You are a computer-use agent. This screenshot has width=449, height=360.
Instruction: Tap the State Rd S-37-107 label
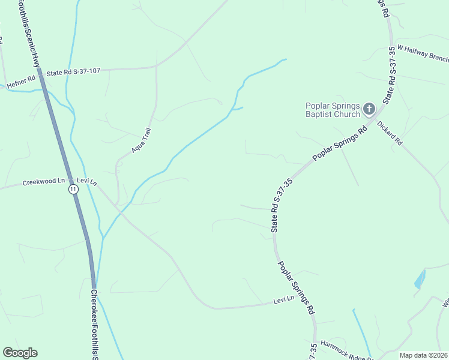(73, 72)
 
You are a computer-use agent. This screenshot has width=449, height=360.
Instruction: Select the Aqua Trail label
(141, 140)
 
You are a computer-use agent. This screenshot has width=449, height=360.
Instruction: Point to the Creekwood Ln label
(44, 181)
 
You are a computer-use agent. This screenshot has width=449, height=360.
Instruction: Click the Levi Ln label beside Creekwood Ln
(86, 181)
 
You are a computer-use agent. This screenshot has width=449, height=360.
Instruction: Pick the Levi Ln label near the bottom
(283, 299)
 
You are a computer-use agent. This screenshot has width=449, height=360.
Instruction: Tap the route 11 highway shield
(73, 189)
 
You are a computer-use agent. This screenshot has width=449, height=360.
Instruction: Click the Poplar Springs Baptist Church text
(333, 110)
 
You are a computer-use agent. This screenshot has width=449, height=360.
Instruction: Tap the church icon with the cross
(369, 109)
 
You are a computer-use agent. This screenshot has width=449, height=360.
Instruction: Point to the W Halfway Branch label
(423, 53)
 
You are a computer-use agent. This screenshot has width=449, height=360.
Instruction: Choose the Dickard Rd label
(390, 133)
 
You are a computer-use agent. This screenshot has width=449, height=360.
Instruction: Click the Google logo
(20, 353)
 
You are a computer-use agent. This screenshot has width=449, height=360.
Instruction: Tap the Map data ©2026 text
(423, 355)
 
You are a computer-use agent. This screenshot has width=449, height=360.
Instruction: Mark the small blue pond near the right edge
(419, 280)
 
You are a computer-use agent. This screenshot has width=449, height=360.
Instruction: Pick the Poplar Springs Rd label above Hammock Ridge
(295, 288)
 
